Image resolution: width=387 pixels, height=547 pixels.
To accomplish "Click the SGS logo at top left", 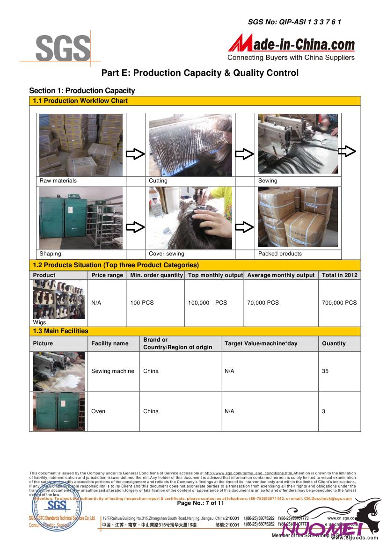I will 63,48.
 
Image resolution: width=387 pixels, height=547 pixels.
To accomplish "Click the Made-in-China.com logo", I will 291,48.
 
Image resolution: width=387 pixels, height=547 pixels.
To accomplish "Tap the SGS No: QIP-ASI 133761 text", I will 294,22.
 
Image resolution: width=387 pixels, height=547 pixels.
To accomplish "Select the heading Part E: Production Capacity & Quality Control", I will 200,73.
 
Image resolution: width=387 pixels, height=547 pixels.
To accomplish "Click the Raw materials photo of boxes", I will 81,145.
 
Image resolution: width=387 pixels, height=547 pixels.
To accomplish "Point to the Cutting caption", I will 158,181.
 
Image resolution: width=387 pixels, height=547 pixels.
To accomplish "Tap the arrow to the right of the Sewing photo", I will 347,151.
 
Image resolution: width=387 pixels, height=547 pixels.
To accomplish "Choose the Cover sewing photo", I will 190,218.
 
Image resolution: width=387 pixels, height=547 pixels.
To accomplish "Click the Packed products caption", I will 280,254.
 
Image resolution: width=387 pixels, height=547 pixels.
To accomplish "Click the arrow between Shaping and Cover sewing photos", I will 135,227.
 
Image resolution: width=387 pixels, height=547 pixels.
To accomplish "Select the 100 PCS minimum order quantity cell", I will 142,303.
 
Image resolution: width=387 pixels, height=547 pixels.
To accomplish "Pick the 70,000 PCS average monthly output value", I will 263,303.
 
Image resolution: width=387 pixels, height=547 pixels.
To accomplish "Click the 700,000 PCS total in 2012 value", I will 339,303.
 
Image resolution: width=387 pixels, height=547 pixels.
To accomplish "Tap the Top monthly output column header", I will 215,275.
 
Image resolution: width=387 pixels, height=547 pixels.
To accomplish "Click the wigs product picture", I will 58,299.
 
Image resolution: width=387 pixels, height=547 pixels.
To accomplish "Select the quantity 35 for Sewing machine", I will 325,371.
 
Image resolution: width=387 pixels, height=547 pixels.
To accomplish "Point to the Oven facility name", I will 98,411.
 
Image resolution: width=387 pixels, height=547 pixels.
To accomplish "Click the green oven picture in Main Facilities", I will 58,411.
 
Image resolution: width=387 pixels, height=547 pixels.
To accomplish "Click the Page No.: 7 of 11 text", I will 200,503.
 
